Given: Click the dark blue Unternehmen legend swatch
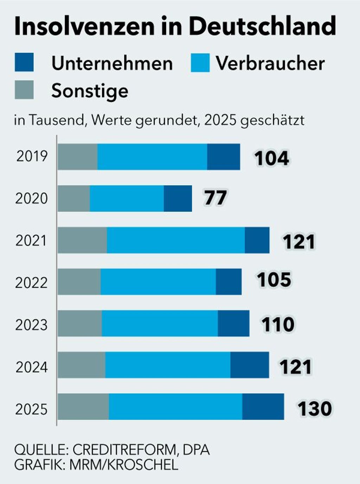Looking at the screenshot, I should coord(24,62).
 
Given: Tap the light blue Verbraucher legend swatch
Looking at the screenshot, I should coord(200,63).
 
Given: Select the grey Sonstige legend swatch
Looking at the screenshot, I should coord(24,90).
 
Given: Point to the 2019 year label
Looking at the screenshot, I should coord(32,156).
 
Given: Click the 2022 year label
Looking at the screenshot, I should coord(31,283).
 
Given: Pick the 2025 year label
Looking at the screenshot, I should coord(31,409).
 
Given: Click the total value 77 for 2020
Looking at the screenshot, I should coord(216,198).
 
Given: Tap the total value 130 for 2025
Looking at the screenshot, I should coord(315,408).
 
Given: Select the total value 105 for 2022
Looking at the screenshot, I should coord(274,280).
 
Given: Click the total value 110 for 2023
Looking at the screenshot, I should coord(278,324).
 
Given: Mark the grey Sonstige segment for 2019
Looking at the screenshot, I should coord(78,157).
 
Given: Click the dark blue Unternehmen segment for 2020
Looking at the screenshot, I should coord(178,199).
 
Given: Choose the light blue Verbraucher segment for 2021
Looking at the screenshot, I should coord(176,240).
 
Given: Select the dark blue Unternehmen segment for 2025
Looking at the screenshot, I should coord(263,407).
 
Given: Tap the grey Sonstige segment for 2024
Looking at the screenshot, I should coord(82,365).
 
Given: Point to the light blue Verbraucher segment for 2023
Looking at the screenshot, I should coord(160,323).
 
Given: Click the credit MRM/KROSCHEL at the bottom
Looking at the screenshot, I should coord(124,465).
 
